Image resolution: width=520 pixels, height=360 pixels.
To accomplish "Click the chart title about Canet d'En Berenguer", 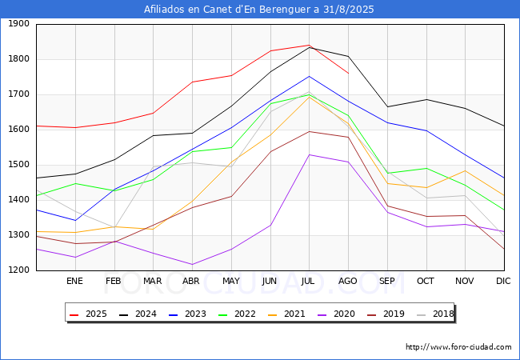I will [x=259, y=10].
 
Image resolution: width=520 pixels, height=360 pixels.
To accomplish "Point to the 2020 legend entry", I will [x=342, y=314].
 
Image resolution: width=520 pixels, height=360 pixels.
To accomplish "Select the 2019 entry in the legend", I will [x=391, y=314].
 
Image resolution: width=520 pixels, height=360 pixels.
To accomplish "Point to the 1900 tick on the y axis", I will [x=19, y=24].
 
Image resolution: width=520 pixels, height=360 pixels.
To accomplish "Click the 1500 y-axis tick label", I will [x=19, y=165].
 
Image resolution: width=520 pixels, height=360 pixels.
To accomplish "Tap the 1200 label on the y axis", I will [x=19, y=270].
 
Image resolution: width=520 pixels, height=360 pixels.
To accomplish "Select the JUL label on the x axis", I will [x=309, y=281].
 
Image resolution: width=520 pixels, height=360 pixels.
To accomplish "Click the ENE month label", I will [x=74, y=281].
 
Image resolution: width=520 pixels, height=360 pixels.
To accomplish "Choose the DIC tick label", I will [x=503, y=281].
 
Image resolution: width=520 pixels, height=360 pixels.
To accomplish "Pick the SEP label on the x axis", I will [x=387, y=281].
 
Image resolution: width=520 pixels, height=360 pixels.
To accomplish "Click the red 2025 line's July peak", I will [x=309, y=45].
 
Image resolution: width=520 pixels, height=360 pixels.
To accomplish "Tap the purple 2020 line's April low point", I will [x=192, y=264].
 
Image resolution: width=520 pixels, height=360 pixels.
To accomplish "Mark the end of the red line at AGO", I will [x=348, y=74].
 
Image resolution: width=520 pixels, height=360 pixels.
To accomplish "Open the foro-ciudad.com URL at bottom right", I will [x=458, y=347].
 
